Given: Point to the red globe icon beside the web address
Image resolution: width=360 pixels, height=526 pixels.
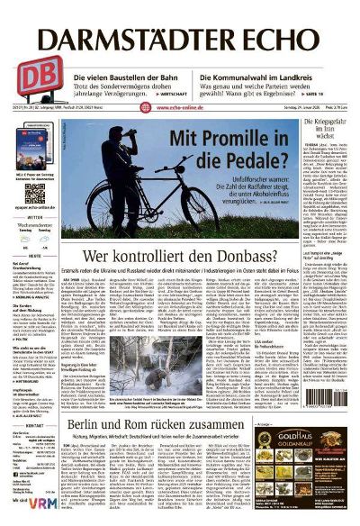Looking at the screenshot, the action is click(145, 106).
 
